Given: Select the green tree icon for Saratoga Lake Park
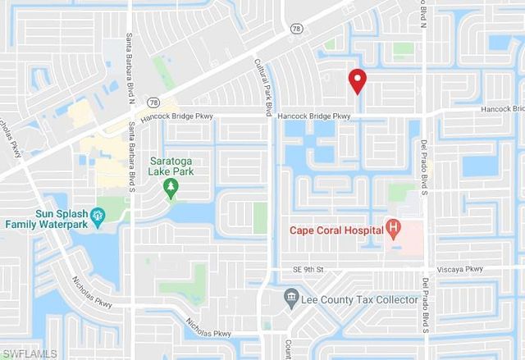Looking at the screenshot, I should (171, 189).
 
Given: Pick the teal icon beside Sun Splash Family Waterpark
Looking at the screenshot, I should (98, 216).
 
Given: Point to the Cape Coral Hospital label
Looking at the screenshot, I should (336, 230).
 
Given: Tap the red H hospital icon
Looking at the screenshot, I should (395, 228).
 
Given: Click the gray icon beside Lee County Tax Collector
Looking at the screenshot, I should (290, 296).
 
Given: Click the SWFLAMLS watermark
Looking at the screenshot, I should (30, 353).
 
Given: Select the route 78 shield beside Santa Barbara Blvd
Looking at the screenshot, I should (153, 102).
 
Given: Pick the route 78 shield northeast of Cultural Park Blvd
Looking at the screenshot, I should (294, 28).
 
